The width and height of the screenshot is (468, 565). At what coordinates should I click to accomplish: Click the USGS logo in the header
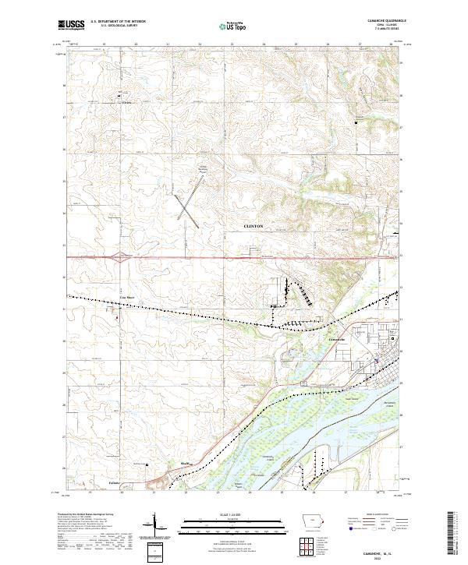click(71, 25)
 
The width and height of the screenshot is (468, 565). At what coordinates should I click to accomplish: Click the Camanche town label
click(337, 341)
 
